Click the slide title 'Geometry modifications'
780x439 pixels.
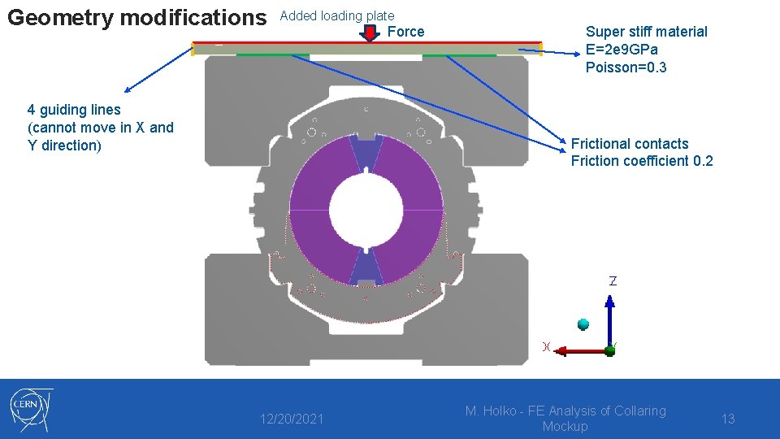(x=136, y=17)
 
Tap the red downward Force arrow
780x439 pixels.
(x=370, y=33)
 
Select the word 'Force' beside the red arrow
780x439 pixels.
(x=405, y=32)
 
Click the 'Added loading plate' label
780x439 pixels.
(x=337, y=15)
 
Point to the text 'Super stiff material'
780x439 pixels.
(x=646, y=32)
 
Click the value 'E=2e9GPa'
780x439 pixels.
(x=623, y=50)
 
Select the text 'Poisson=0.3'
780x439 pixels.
(x=626, y=67)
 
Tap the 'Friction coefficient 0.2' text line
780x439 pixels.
(x=642, y=161)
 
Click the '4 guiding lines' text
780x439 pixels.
(x=74, y=110)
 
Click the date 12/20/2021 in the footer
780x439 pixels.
(x=291, y=419)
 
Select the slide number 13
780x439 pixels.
(x=728, y=419)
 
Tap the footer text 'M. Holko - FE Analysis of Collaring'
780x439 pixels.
(x=565, y=411)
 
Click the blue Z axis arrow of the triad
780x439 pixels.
(x=610, y=317)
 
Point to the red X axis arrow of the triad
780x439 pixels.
(x=577, y=350)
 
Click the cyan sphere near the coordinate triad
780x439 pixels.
(x=583, y=324)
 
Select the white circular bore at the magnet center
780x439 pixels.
(x=365, y=211)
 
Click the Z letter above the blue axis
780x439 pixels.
(x=613, y=280)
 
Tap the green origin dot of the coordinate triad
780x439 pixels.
(x=610, y=350)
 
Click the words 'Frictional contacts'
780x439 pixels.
(x=630, y=144)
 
